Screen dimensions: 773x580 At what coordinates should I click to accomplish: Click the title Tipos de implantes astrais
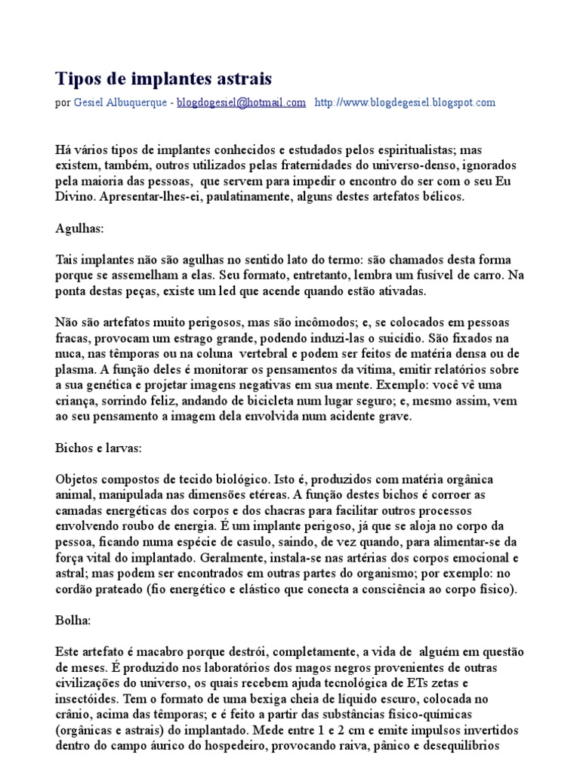(x=164, y=79)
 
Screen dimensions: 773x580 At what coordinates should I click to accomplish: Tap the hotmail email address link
(x=241, y=103)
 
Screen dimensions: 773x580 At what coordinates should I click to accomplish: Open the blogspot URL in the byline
(x=404, y=103)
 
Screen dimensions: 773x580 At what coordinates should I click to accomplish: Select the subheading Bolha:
(x=73, y=620)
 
